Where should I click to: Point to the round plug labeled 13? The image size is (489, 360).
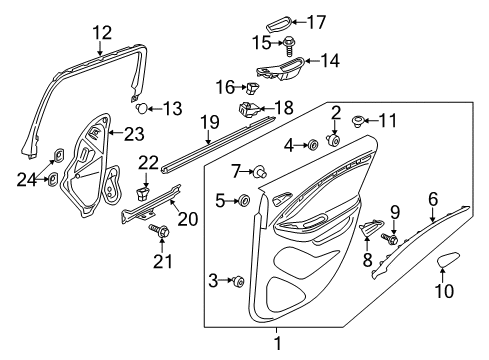(142, 107)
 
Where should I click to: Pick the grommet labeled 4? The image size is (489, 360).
(312, 145)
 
